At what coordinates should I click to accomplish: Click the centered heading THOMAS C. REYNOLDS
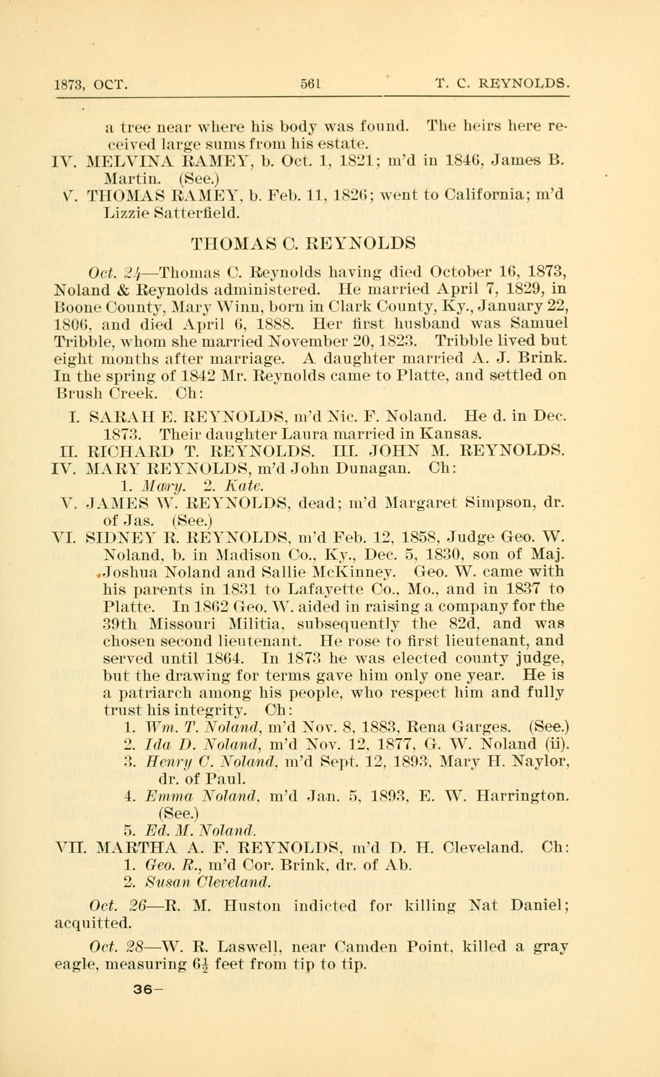304,243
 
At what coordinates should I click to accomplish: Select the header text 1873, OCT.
91,84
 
